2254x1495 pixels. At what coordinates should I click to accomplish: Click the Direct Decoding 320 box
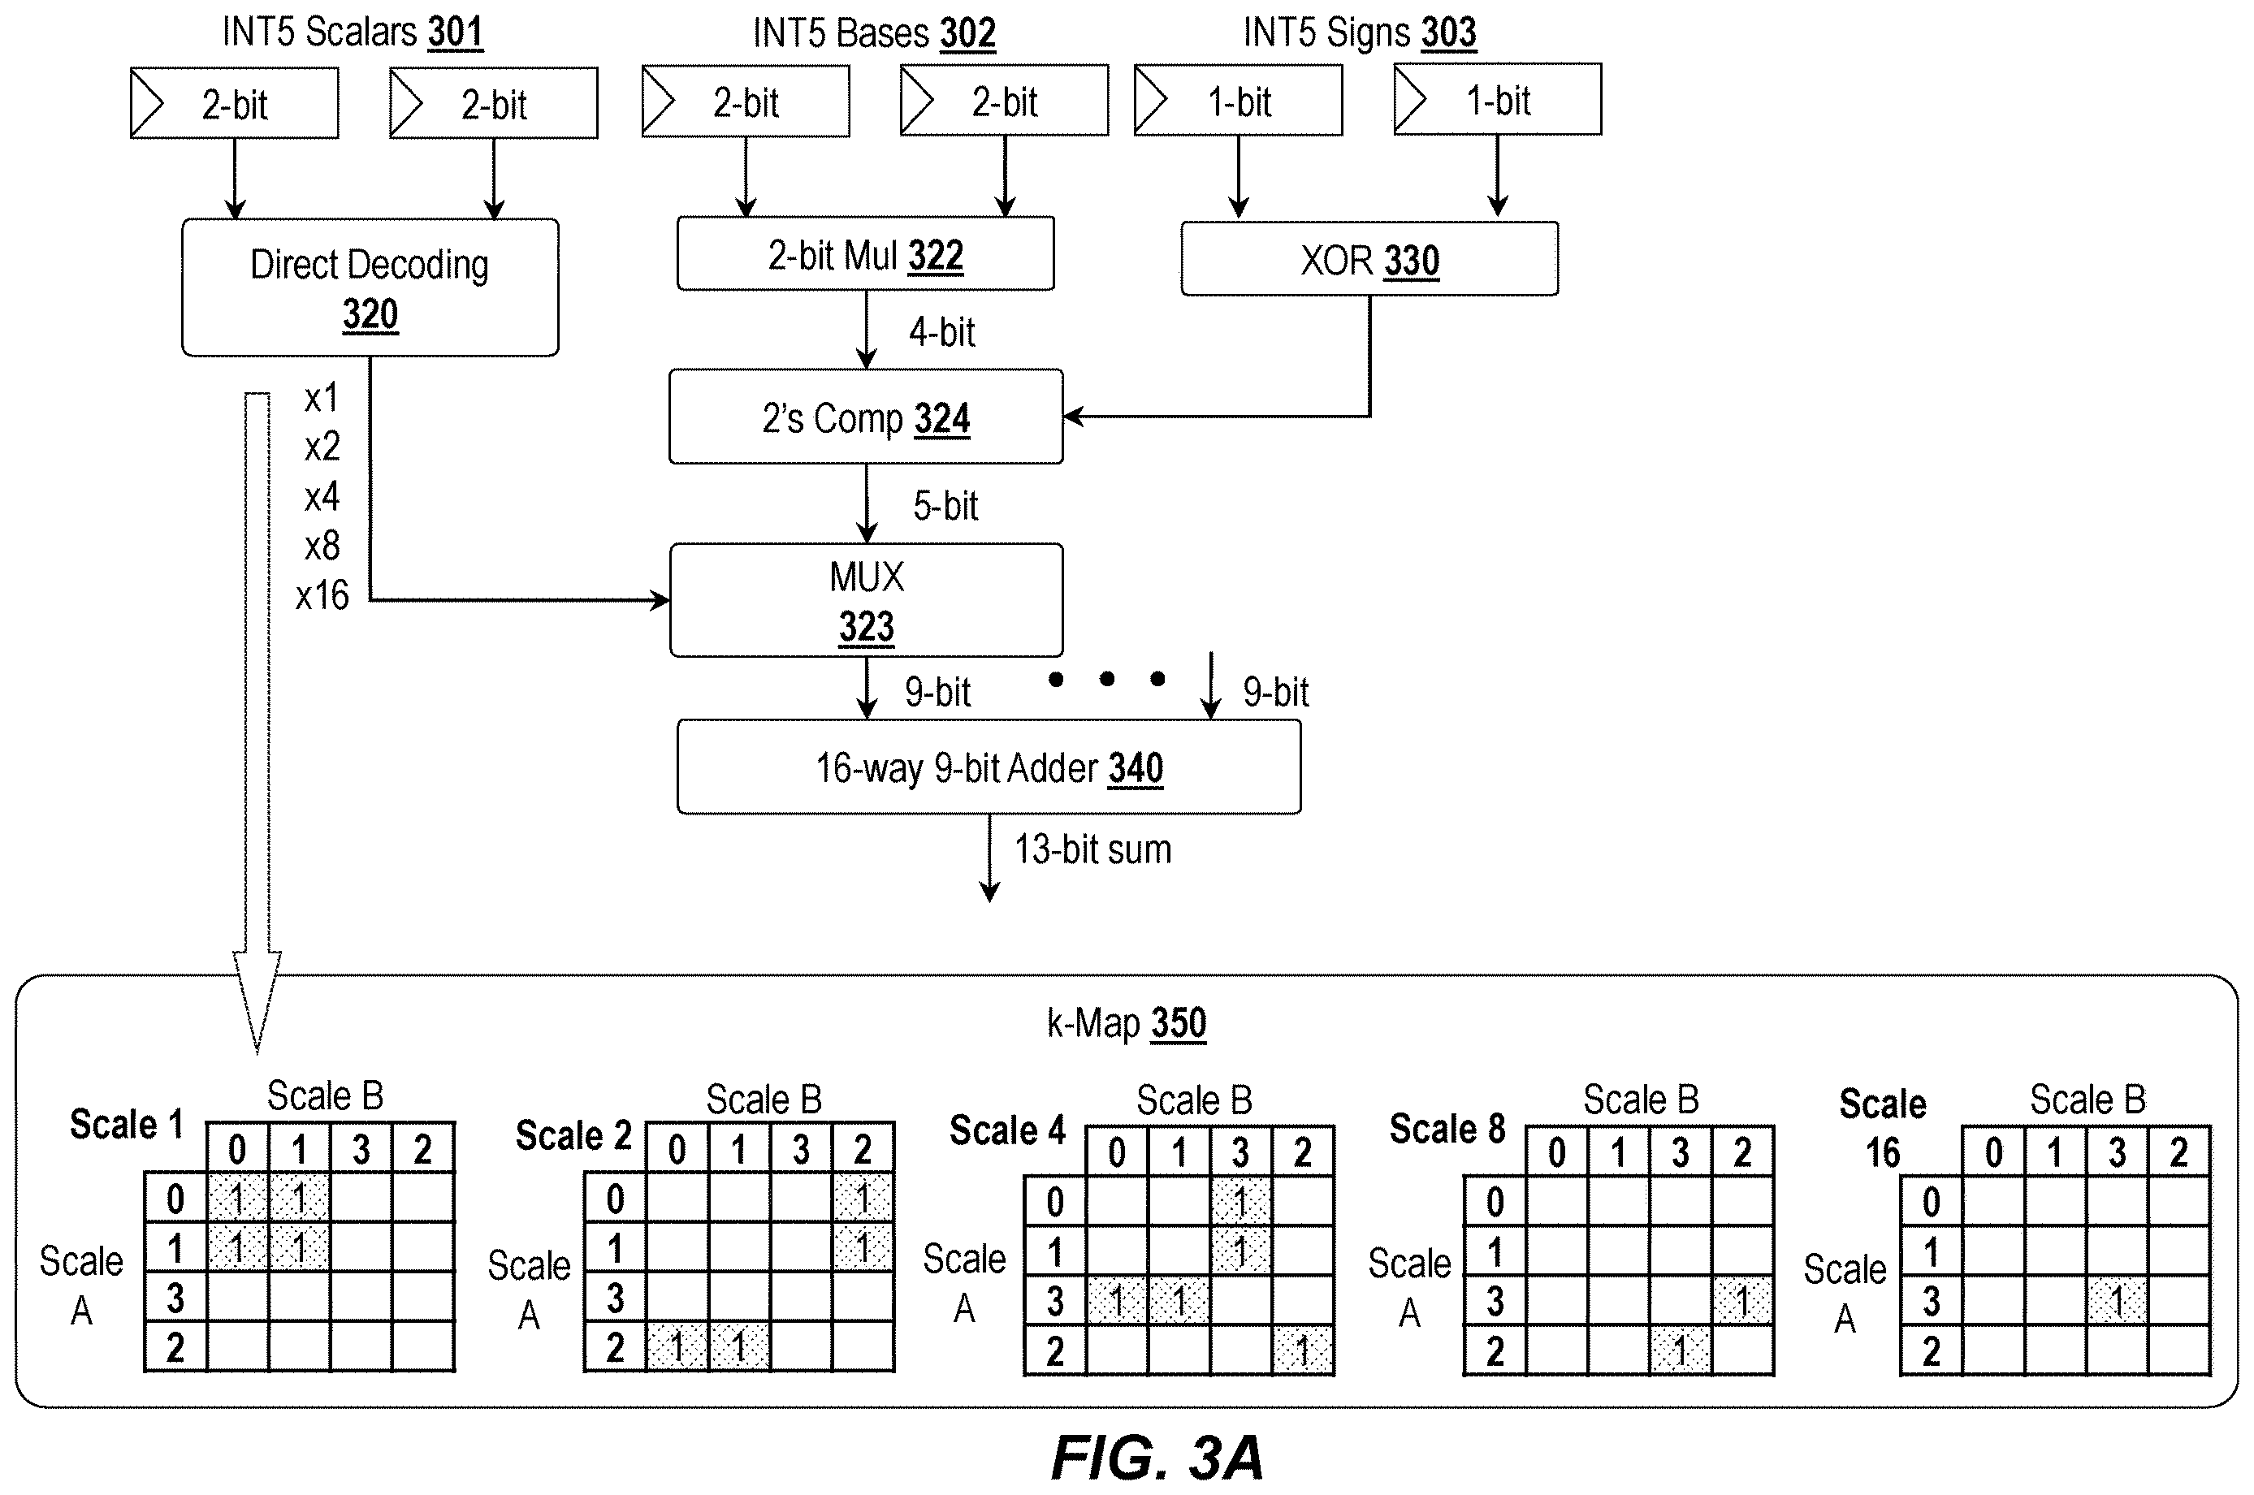click(x=370, y=287)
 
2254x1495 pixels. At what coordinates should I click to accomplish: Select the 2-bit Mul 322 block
click(x=866, y=253)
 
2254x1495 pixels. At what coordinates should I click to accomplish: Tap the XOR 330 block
click(x=1369, y=258)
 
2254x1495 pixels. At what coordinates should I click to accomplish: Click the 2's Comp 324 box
click(x=866, y=417)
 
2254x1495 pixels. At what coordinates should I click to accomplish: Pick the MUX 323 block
click(x=866, y=600)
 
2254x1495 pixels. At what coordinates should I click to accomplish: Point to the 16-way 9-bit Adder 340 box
click(x=989, y=767)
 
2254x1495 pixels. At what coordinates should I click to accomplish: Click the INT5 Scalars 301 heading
click(x=353, y=32)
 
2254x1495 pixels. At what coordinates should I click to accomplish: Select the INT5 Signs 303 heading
click(x=1360, y=32)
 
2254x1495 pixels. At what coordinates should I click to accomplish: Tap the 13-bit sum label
click(x=1092, y=849)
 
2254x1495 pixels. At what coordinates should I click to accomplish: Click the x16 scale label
click(x=322, y=595)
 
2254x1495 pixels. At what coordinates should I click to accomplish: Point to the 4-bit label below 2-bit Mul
click(x=942, y=332)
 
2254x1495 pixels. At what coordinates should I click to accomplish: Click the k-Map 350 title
click(x=1127, y=1023)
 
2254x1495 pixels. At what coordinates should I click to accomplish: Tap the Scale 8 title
click(x=1447, y=1129)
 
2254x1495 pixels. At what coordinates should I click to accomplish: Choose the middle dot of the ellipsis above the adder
click(x=1107, y=679)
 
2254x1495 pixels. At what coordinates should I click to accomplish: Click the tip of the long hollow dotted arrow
click(x=257, y=1052)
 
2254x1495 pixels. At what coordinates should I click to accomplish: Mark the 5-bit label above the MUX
click(x=945, y=505)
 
